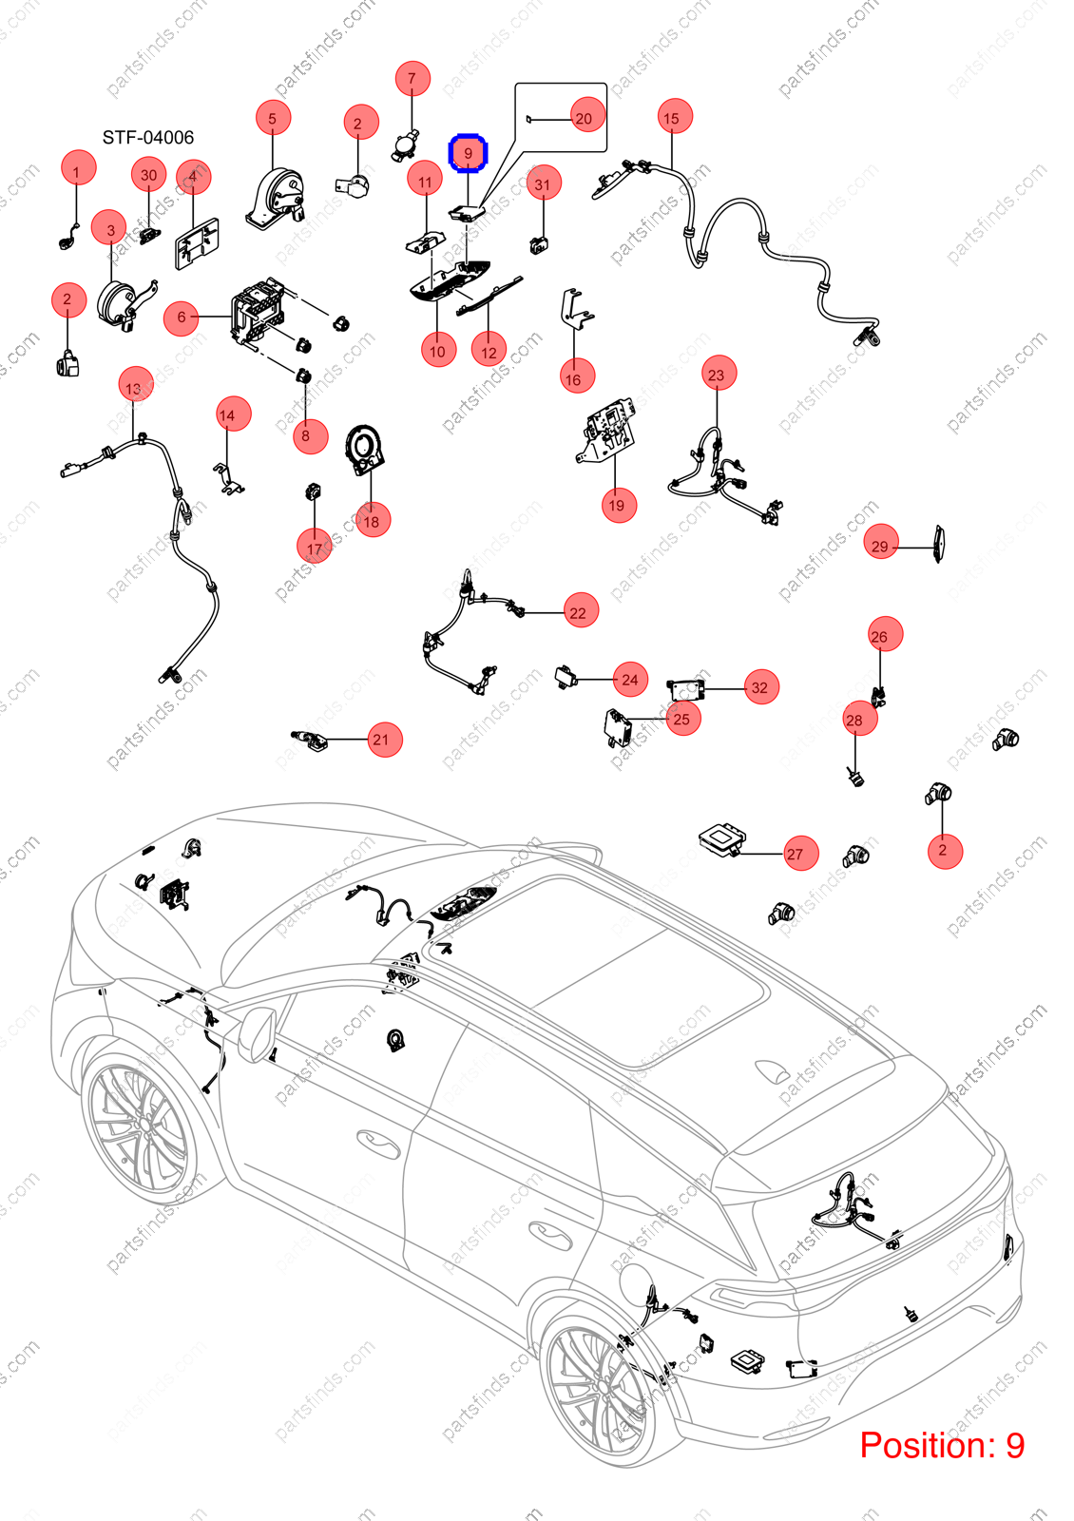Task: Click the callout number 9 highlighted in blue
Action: pos(468,153)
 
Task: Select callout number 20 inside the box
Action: pos(584,119)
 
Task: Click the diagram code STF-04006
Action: pos(148,138)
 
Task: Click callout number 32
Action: pos(760,687)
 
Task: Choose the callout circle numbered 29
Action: pos(880,545)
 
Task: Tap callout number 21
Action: pos(382,740)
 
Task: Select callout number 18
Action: pos(372,521)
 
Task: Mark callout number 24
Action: pos(631,680)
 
